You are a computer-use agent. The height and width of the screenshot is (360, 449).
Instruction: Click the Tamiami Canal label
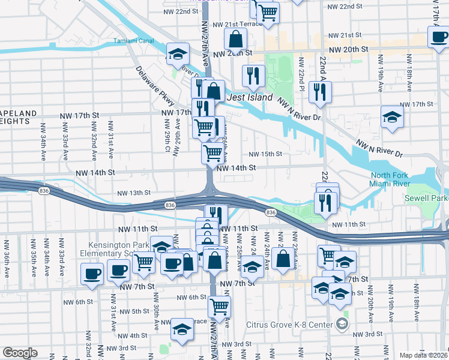click(x=134, y=41)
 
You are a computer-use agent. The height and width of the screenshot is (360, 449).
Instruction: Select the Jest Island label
click(x=249, y=97)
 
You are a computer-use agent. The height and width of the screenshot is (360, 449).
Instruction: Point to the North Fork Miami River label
click(x=390, y=179)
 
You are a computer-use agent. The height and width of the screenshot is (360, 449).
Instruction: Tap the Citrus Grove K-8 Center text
click(x=289, y=325)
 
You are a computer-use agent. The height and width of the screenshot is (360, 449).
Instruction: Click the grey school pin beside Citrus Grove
click(x=342, y=325)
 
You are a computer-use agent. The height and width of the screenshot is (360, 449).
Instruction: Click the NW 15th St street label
click(x=265, y=154)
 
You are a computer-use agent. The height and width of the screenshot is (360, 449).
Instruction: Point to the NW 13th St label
click(x=133, y=193)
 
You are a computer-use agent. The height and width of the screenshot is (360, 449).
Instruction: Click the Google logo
click(x=20, y=353)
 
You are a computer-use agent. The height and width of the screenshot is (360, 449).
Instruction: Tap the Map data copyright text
click(x=423, y=355)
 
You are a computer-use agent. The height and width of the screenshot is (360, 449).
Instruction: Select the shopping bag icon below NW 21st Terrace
click(x=237, y=39)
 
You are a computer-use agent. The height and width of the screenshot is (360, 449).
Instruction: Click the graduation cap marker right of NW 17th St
click(x=392, y=116)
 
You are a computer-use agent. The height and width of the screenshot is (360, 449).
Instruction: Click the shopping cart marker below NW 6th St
click(x=219, y=307)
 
